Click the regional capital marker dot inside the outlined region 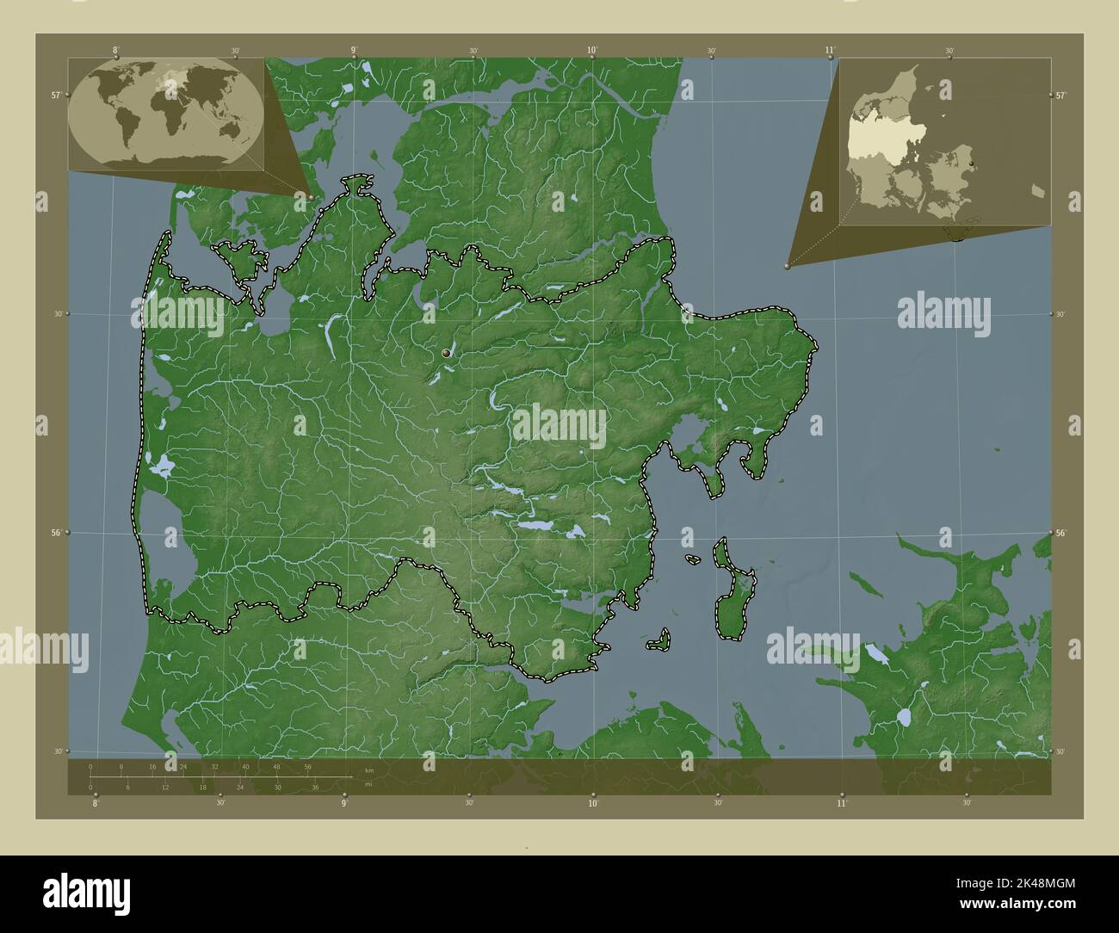[446, 354]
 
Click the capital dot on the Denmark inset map [971, 163]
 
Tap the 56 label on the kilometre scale [307, 766]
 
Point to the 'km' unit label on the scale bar [369, 770]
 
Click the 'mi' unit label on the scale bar [368, 784]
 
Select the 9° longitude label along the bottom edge [344, 804]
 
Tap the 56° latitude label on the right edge [1060, 533]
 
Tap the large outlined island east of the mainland [733, 594]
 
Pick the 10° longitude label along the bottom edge [593, 804]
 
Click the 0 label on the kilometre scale [90, 766]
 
